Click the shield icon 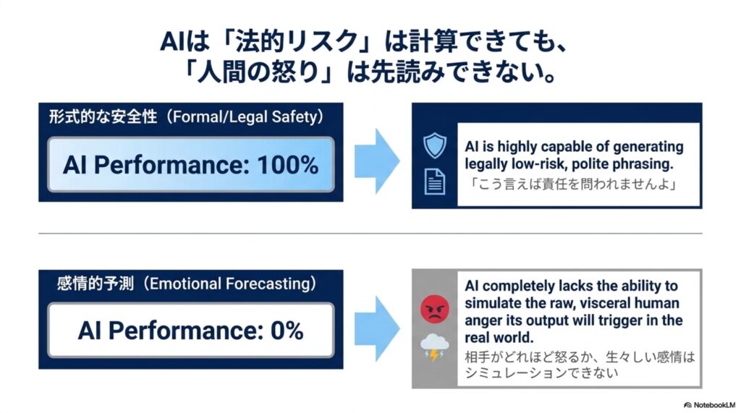(435, 145)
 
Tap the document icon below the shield (434, 182)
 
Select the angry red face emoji (434, 309)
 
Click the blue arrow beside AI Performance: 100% (376, 161)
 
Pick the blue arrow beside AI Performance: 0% (376, 328)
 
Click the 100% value (287, 165)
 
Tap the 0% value (287, 331)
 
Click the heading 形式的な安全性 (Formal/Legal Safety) (187, 116)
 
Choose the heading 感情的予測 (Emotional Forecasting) (187, 283)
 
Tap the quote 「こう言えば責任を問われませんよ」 (572, 184)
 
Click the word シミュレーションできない (541, 372)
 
